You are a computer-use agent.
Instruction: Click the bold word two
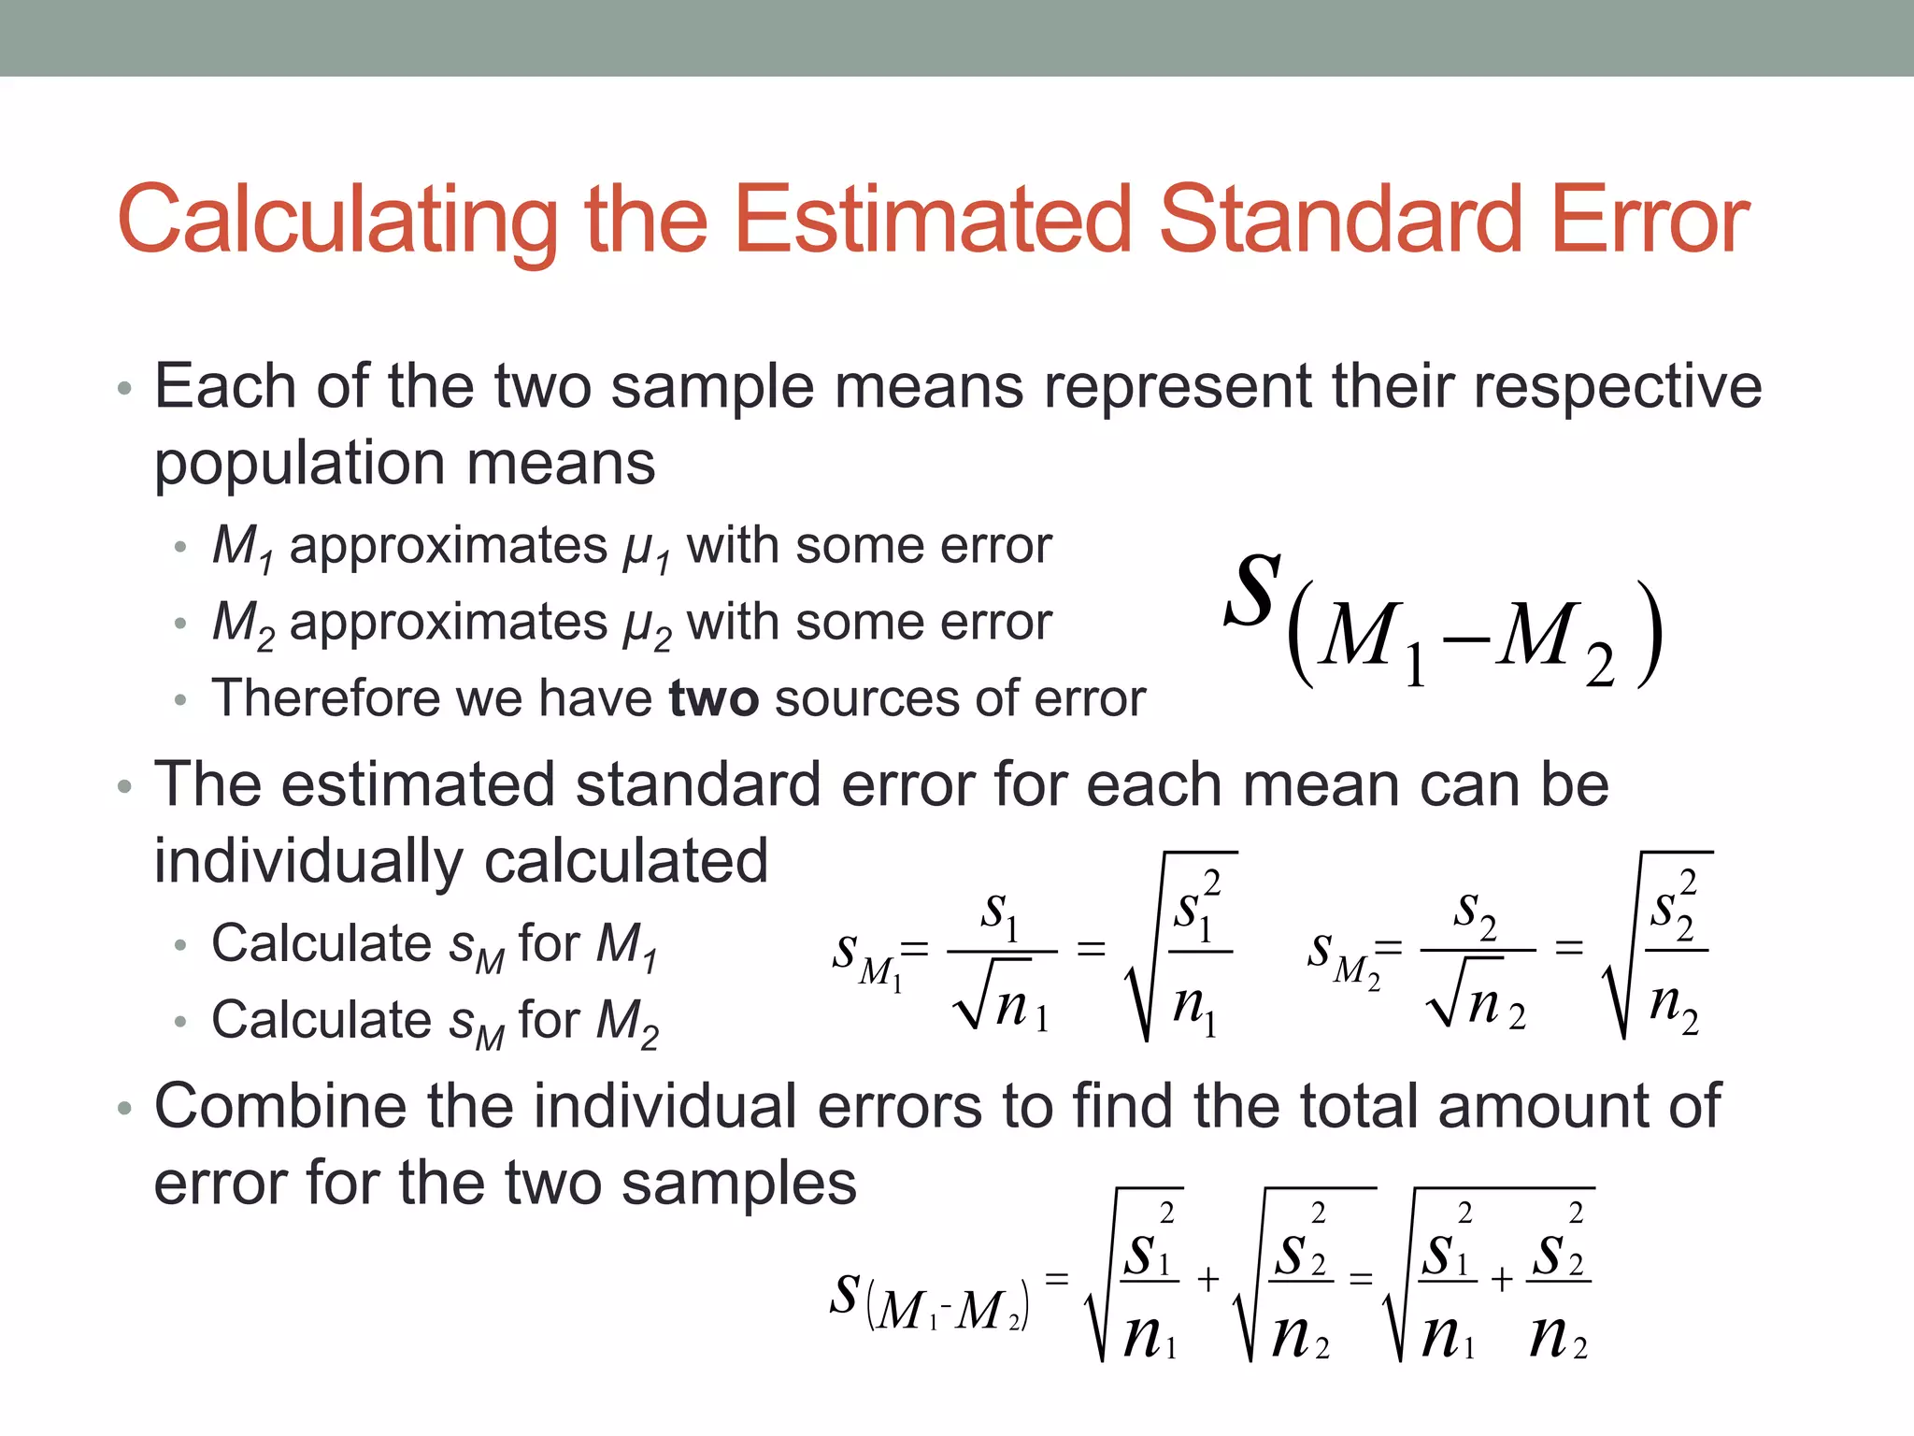(x=713, y=698)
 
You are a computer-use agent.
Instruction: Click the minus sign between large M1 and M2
(x=1465, y=639)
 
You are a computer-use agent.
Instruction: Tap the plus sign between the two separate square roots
(x=1207, y=1279)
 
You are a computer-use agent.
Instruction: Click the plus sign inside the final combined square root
(x=1501, y=1279)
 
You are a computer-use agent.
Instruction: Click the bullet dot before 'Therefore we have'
(x=180, y=700)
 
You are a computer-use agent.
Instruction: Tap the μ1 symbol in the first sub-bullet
(x=646, y=549)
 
